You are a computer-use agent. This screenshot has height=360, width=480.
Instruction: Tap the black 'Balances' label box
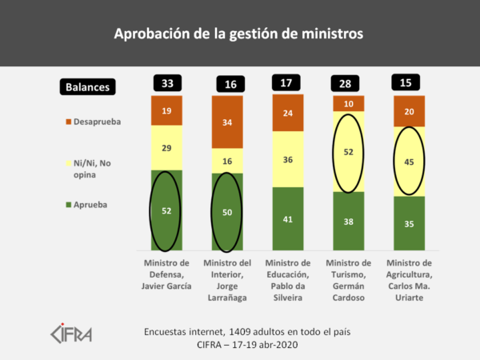point(89,87)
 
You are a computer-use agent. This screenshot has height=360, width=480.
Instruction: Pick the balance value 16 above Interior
point(228,84)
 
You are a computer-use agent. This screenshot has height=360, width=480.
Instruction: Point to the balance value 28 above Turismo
point(349,82)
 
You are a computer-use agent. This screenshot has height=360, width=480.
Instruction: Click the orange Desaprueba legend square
point(68,122)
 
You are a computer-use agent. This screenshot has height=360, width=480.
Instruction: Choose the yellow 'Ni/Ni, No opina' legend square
point(68,163)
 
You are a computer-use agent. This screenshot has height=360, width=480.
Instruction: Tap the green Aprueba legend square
point(68,205)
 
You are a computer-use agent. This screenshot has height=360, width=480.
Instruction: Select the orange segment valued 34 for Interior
point(228,122)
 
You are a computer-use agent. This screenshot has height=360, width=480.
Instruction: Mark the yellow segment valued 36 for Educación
point(288,159)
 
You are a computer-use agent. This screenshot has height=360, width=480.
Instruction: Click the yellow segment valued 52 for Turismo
point(349,152)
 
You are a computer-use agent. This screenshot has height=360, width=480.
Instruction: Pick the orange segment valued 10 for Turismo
point(349,103)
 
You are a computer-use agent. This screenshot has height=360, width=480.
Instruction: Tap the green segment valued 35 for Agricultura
point(409,223)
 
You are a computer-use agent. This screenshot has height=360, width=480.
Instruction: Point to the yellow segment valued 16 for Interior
point(228,161)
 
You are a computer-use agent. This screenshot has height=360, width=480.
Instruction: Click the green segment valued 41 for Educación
point(288,218)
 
